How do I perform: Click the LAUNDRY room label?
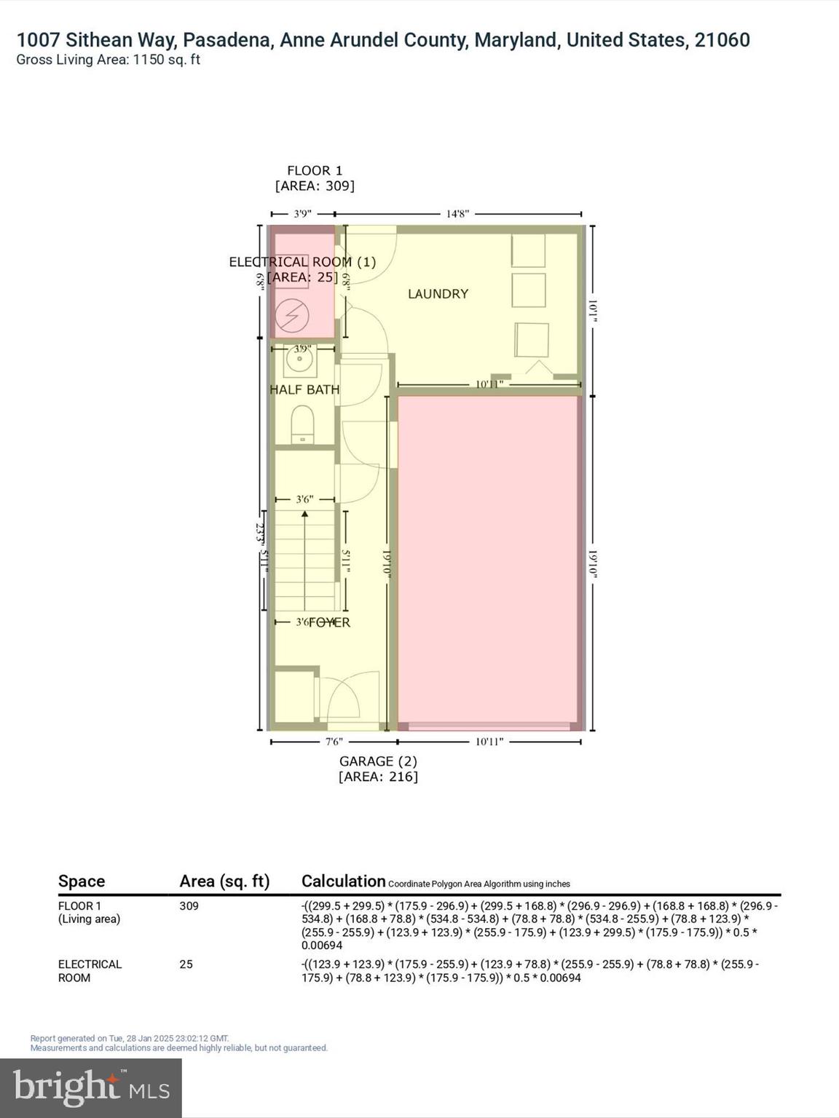coord(438,294)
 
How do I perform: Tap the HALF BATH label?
coord(304,390)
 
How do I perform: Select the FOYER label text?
coord(329,622)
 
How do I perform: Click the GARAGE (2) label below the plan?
coord(378,761)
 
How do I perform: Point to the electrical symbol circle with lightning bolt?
coord(291,316)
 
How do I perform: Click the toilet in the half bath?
coord(302,424)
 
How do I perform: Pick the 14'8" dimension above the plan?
coord(457,214)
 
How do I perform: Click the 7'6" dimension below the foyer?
coord(334,742)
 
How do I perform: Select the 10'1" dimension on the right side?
coord(593,311)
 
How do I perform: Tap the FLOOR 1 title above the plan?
coord(315,171)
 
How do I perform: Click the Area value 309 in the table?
coord(189,906)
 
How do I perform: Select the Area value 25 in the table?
coord(186,964)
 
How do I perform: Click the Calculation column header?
coord(343,881)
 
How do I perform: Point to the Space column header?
coord(82,881)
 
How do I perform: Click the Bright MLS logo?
coord(91,1087)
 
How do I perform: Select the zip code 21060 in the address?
coord(722,40)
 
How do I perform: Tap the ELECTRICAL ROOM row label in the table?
coord(90,971)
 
